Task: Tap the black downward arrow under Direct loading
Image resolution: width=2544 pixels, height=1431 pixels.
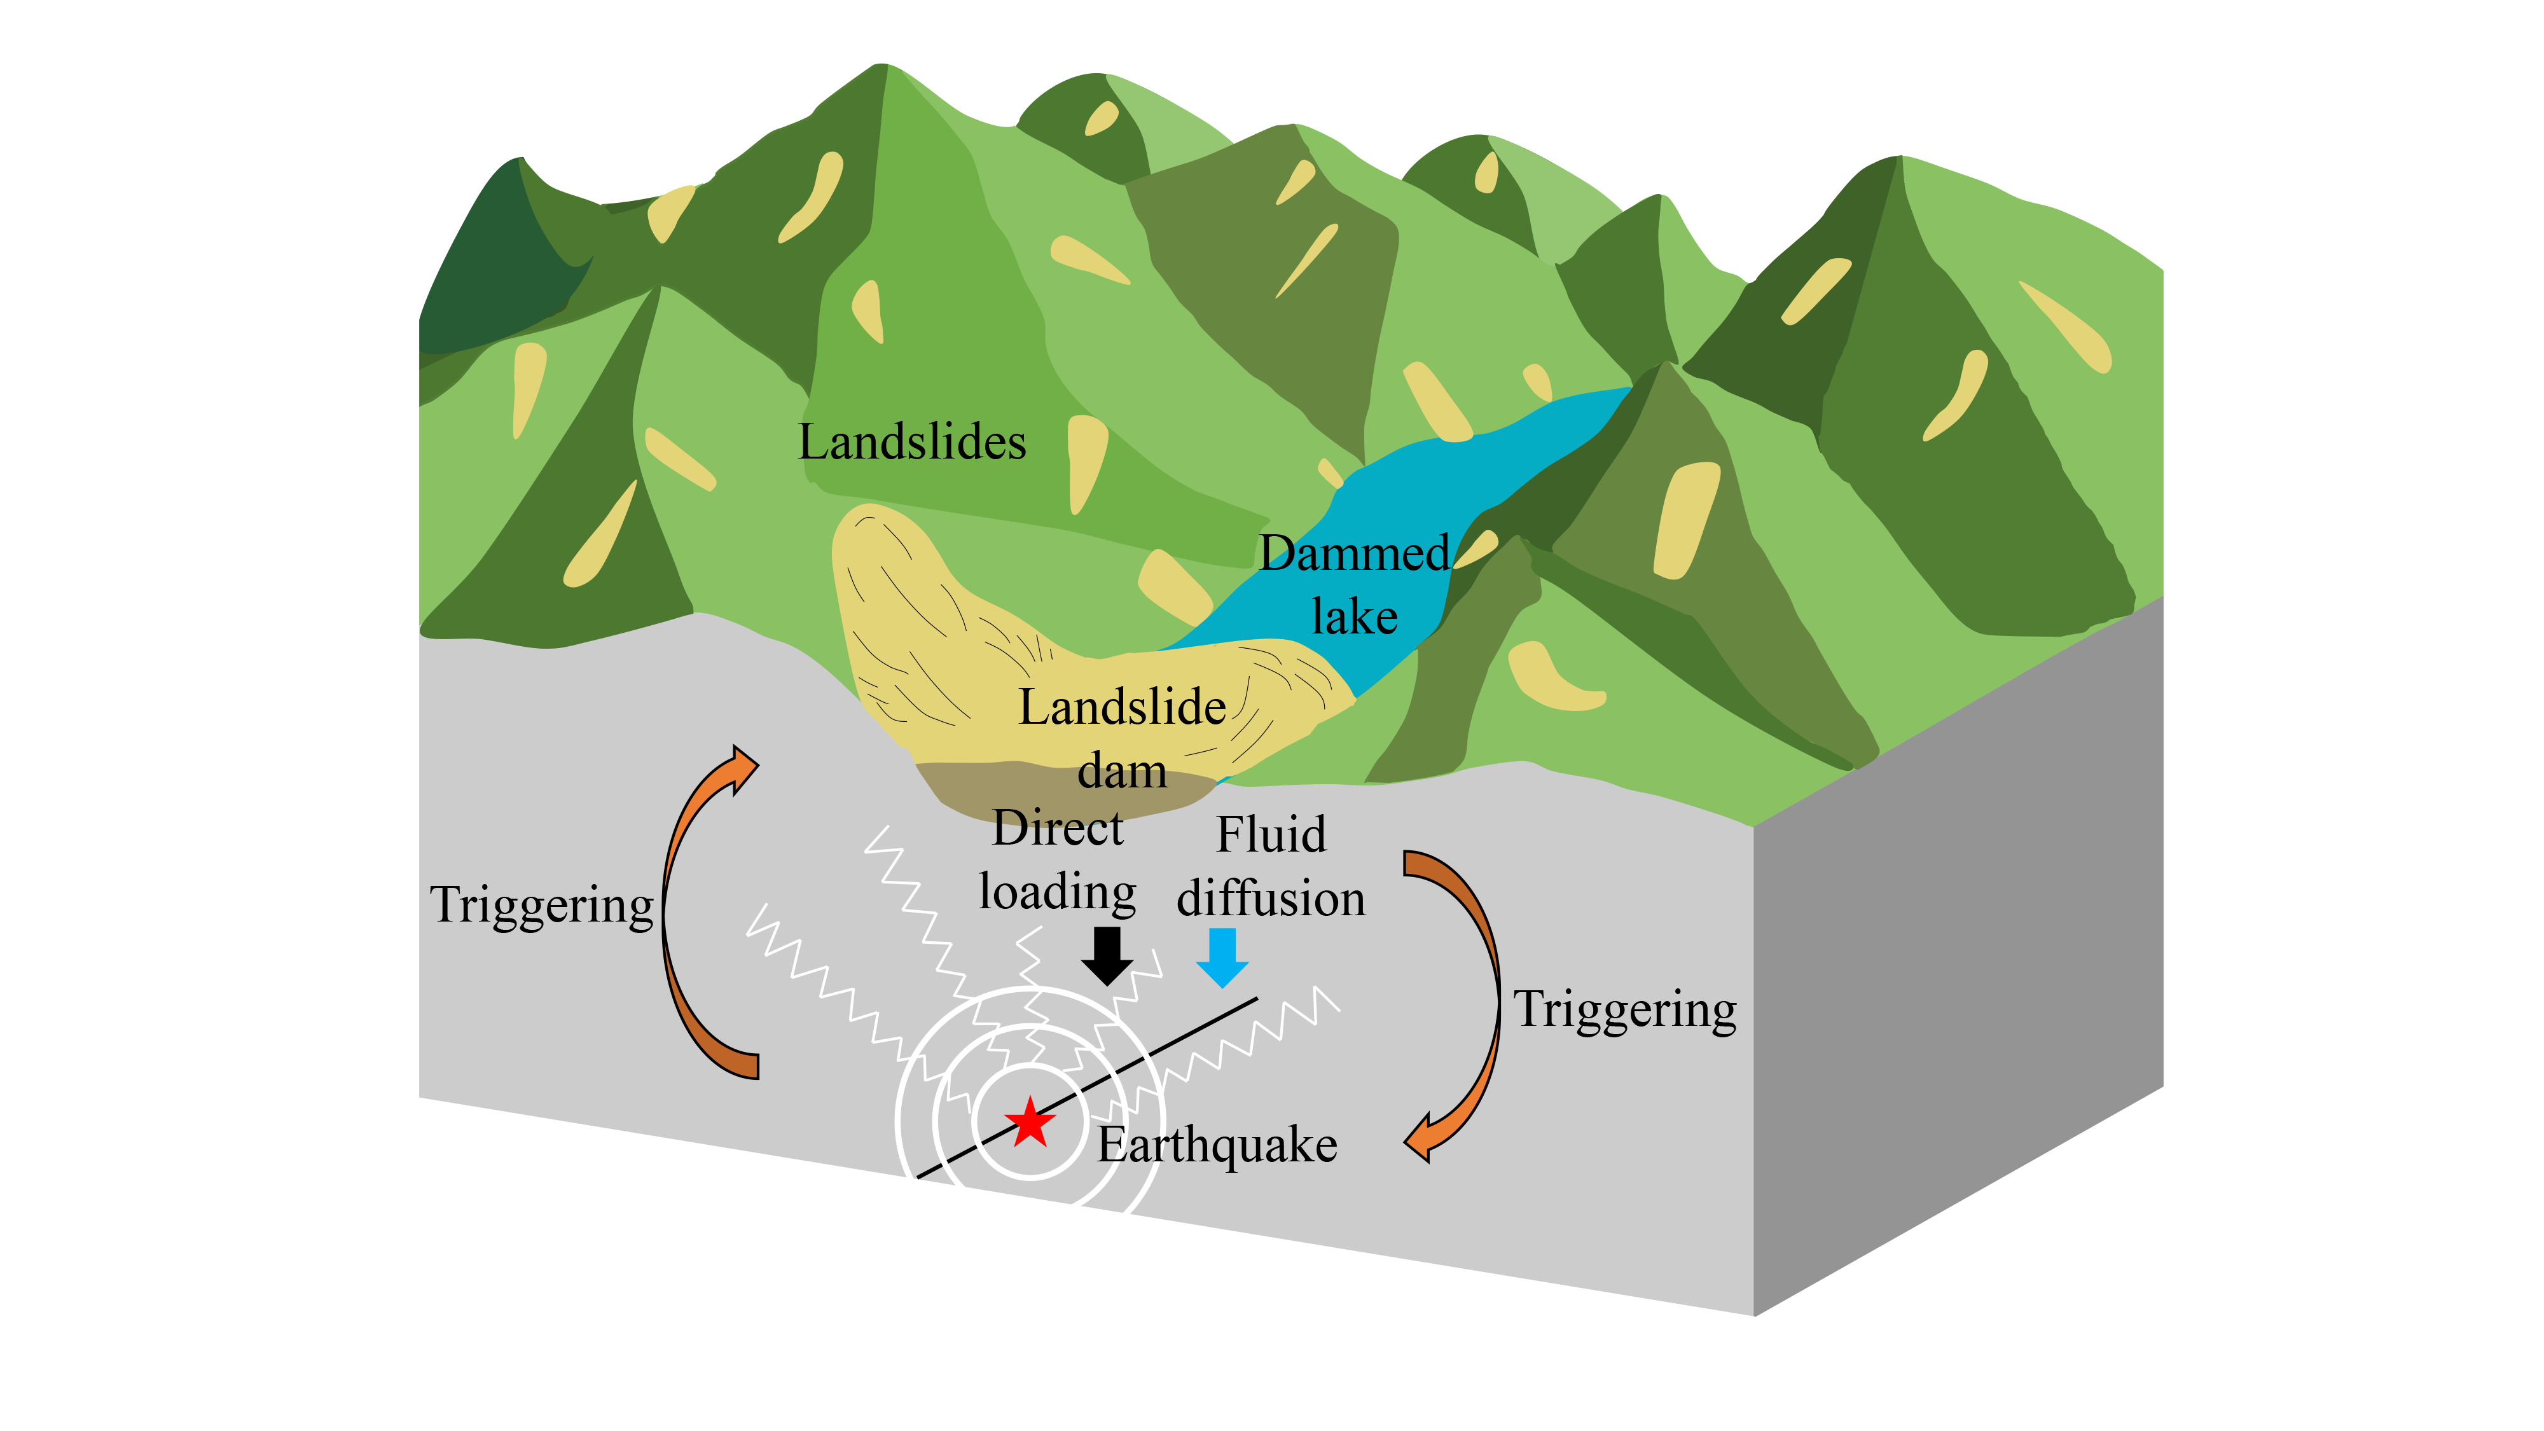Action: click(x=1107, y=955)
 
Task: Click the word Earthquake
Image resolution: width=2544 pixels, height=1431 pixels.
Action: click(x=1217, y=1145)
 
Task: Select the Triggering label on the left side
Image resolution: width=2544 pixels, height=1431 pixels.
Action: click(x=541, y=904)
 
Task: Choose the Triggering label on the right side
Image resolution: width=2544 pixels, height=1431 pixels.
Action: click(x=1624, y=1009)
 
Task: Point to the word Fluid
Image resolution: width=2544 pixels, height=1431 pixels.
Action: click(x=1271, y=834)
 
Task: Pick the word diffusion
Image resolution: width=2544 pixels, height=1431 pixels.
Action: click(x=1271, y=899)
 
